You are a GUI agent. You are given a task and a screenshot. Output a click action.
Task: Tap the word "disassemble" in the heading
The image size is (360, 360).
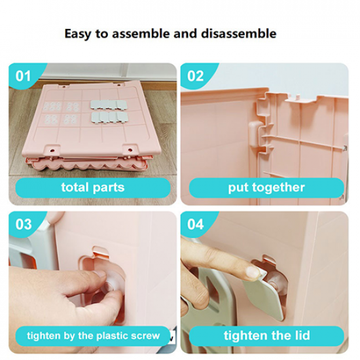[x=238, y=33]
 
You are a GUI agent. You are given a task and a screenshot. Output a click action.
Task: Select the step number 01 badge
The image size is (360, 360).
[x=23, y=76]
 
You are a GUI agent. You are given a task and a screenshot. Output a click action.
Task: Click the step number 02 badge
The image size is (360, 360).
[x=195, y=76]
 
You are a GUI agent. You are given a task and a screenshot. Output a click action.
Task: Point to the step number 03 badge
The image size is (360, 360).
[x=23, y=225]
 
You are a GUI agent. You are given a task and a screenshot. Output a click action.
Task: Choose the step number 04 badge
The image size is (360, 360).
[x=195, y=225]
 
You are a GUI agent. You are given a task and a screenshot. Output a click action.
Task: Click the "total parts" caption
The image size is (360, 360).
[x=93, y=188]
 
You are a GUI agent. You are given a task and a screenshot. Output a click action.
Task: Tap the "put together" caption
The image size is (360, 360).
[x=266, y=188]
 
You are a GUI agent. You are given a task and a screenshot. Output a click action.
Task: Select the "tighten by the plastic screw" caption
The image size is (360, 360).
[x=93, y=336]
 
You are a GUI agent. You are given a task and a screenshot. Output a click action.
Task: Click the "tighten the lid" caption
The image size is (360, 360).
[x=266, y=336]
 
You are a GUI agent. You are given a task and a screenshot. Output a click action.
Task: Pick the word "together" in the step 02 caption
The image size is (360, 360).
[x=278, y=188]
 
